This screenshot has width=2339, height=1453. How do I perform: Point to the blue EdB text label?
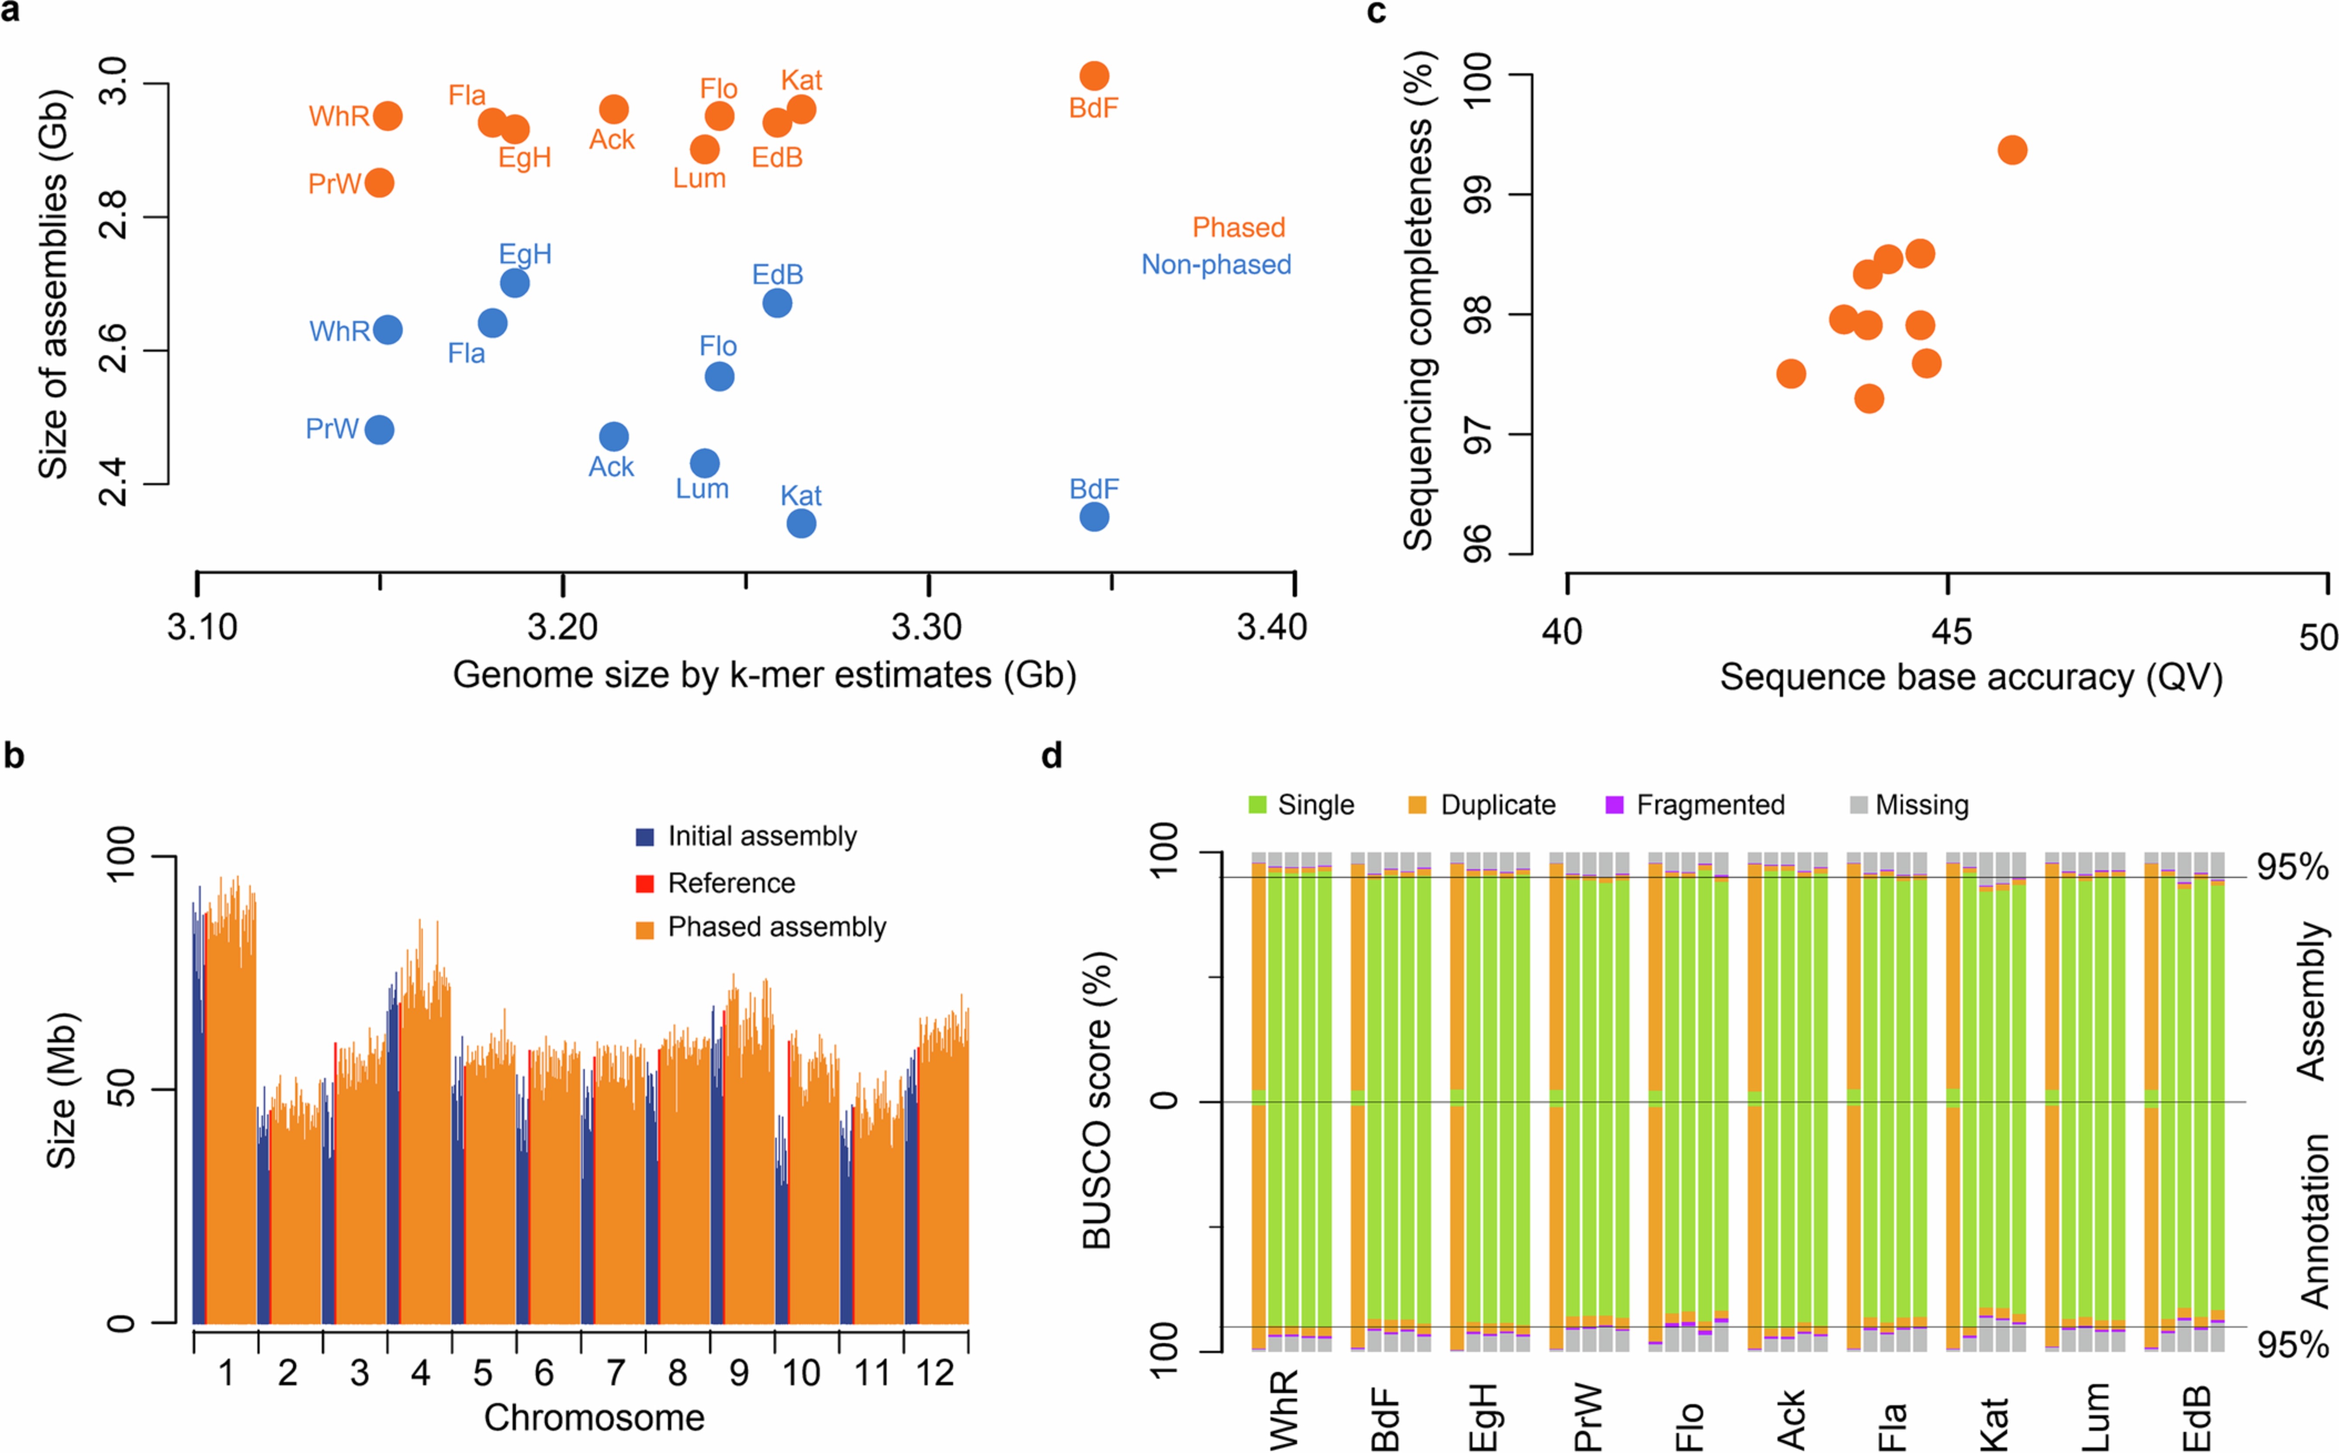pyautogui.click(x=777, y=275)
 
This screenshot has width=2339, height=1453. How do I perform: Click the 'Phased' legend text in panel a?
pyautogui.click(x=1238, y=228)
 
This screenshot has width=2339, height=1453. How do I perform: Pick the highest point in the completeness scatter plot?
pyautogui.click(x=2011, y=150)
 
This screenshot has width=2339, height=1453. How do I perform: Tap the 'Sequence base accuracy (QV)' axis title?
pyautogui.click(x=1970, y=677)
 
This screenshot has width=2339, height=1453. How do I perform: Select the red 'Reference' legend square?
pyautogui.click(x=644, y=883)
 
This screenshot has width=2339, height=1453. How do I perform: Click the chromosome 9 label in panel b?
pyautogui.click(x=738, y=1373)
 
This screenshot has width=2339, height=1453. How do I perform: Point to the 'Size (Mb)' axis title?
pyautogui.click(x=62, y=1091)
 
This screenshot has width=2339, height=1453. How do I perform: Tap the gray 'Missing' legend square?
pyautogui.click(x=1859, y=805)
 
